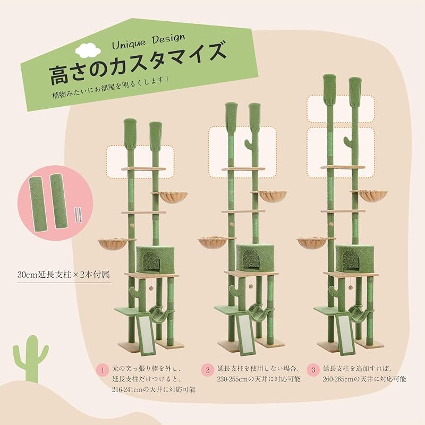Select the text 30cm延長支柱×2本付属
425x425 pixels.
click(x=63, y=276)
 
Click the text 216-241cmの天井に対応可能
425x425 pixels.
click(x=154, y=389)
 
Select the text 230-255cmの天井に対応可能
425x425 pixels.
click(x=259, y=379)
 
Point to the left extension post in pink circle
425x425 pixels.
click(x=40, y=201)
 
